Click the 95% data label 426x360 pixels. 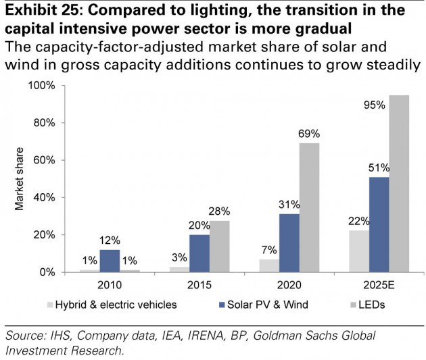click(373, 105)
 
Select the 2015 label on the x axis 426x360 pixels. click(199, 284)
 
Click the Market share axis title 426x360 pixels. click(20, 178)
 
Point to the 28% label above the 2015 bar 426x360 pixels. click(220, 211)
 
